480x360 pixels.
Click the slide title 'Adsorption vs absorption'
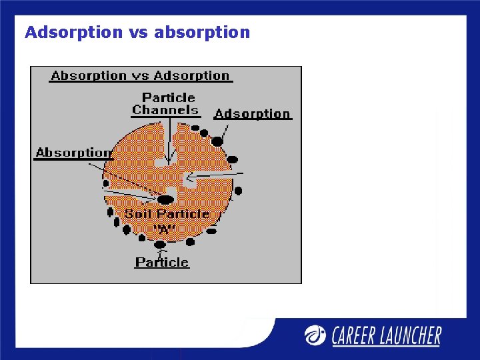pos(137,32)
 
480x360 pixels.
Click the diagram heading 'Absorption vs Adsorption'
pos(140,75)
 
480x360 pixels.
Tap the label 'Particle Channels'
pos(166,103)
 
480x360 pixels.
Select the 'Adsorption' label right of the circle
pos(252,114)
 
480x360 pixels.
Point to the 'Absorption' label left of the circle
pos(73,153)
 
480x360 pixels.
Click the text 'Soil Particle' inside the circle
pos(167,214)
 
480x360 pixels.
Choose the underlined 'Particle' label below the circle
pos(162,262)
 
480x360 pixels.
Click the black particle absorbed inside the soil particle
pos(165,199)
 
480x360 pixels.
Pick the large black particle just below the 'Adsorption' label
pos(217,141)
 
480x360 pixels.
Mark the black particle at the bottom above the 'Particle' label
pos(160,244)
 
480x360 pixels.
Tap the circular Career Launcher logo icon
pos(315,335)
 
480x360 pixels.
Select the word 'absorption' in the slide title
pos(202,32)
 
